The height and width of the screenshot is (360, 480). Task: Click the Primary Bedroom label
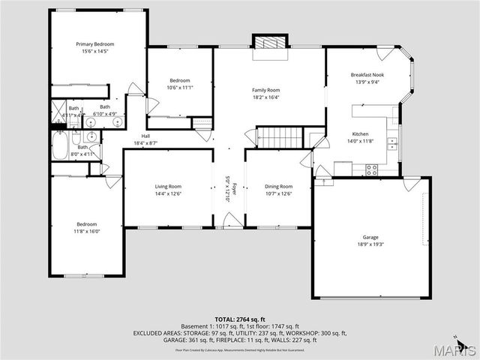tap(94, 44)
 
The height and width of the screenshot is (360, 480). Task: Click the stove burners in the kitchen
tap(371, 171)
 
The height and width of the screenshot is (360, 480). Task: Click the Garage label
tap(371, 237)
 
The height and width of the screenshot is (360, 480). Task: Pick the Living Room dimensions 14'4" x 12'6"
tap(168, 193)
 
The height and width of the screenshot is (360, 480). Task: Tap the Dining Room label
tap(279, 186)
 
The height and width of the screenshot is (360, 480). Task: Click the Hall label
tap(145, 136)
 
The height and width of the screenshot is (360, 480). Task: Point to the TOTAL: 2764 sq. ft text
tap(240, 319)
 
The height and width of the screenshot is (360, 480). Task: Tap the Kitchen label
tap(361, 133)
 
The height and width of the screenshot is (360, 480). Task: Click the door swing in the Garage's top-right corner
tap(412, 184)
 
